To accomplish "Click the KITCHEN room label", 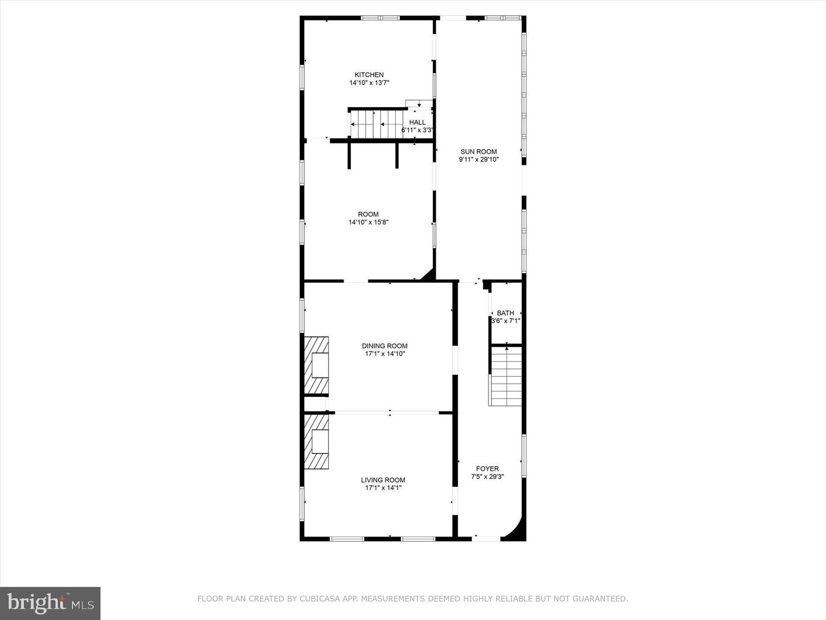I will tap(369, 75).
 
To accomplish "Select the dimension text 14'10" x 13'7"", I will tap(369, 83).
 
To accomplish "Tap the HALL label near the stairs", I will tap(417, 122).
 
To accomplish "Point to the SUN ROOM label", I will tap(479, 152).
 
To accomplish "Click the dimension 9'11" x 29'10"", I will tap(479, 160).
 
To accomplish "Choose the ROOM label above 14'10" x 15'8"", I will tap(368, 214).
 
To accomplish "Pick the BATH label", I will tap(505, 313).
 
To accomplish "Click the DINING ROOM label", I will tap(385, 346).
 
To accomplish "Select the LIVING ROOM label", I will tap(383, 480).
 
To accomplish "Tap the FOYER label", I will tap(487, 468).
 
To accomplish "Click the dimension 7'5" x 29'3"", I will tap(487, 477).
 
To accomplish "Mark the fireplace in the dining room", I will tap(317, 365).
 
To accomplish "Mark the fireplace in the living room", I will tap(317, 442).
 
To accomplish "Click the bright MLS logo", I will tap(50, 603).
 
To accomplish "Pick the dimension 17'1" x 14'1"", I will tap(383, 488).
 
